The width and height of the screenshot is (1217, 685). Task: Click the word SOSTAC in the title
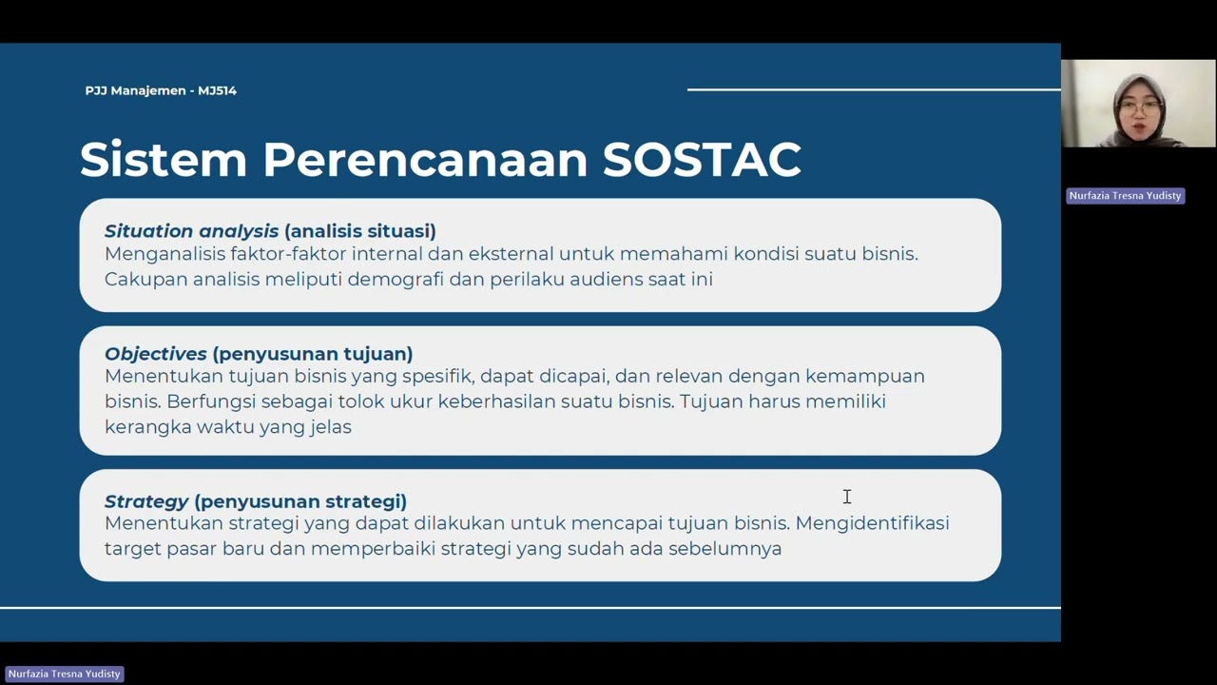point(702,160)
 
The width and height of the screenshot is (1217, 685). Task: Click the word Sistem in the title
point(163,160)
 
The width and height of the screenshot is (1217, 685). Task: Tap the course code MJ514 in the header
point(217,90)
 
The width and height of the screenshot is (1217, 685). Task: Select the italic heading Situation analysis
point(191,231)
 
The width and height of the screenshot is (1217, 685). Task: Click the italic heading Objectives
point(155,354)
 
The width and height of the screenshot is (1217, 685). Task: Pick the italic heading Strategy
point(146,501)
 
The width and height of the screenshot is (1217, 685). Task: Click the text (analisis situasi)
point(359,231)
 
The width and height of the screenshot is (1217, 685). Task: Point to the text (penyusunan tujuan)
point(313,354)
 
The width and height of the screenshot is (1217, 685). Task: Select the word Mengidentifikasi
point(872,523)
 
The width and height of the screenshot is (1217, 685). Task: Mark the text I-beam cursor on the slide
point(846,497)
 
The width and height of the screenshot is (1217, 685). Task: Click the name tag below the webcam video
point(1125,196)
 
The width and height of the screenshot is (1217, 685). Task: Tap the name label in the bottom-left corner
point(65,674)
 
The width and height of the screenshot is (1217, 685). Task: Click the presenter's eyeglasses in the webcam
point(1138,108)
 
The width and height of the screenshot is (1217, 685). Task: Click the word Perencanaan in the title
point(425,160)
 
